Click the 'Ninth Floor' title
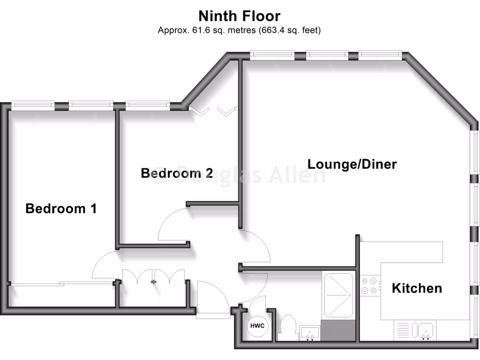(x=240, y=16)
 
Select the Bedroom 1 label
(x=61, y=209)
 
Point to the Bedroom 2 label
(x=177, y=173)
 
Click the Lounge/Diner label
(x=352, y=165)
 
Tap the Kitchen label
(x=417, y=288)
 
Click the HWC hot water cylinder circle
(x=257, y=326)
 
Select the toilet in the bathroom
(x=286, y=327)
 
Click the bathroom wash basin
(x=310, y=333)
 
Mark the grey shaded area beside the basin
(x=337, y=330)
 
